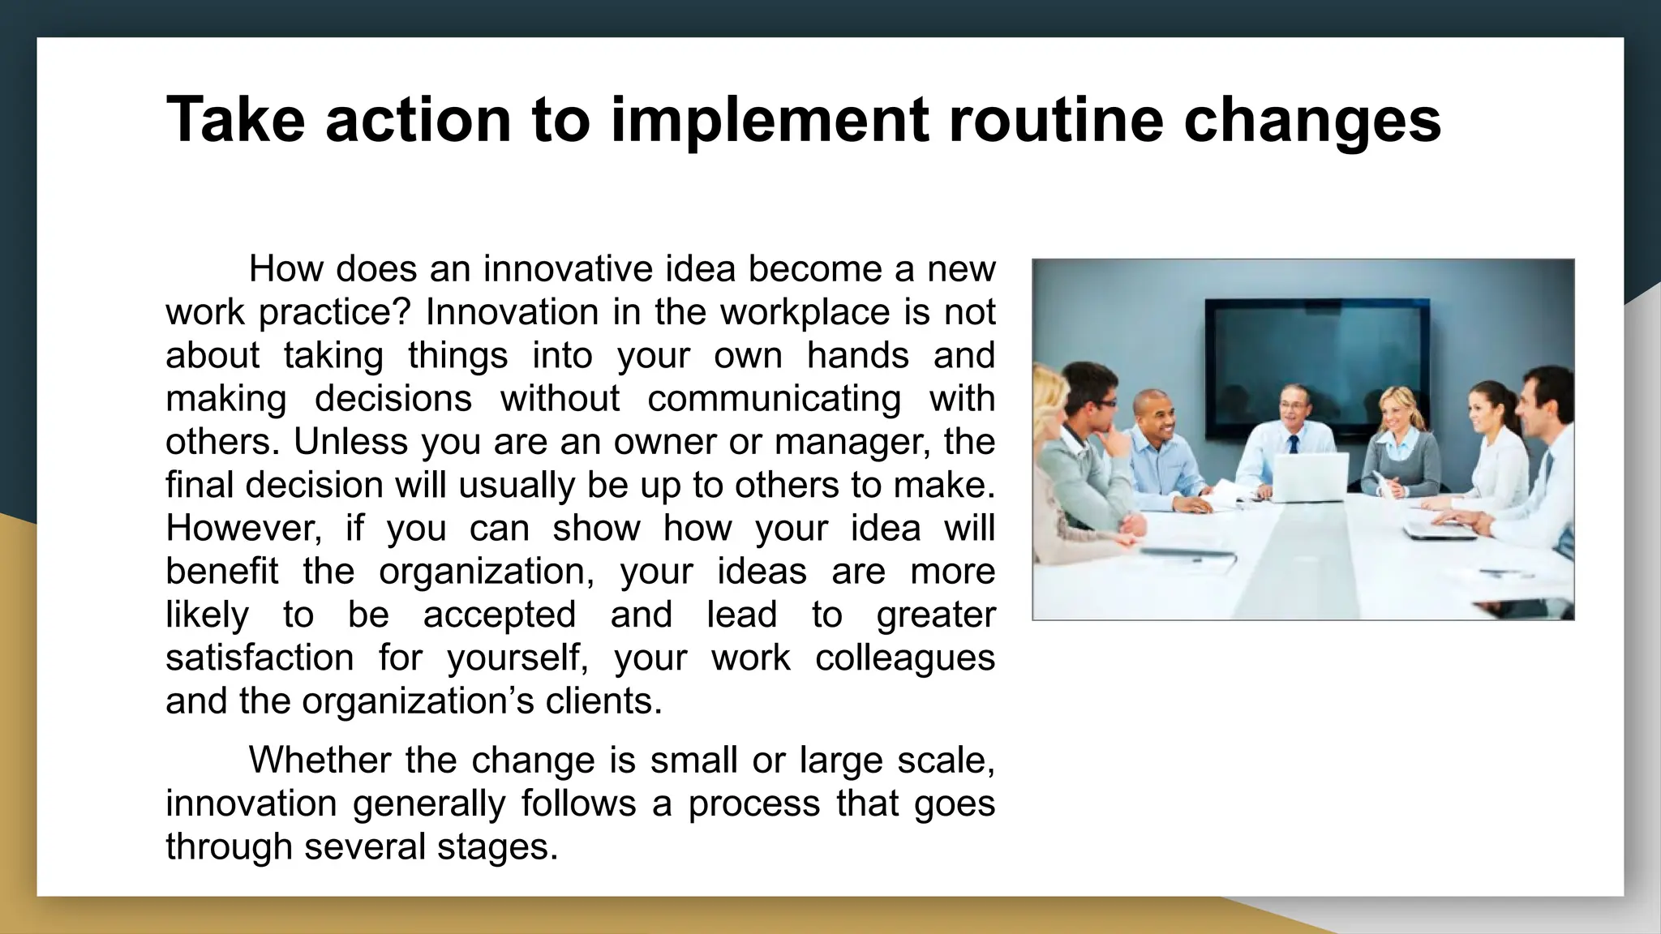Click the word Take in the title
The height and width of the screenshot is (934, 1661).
tap(236, 119)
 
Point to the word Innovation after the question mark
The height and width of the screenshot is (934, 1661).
tap(512, 312)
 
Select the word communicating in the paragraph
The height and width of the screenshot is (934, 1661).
tap(774, 398)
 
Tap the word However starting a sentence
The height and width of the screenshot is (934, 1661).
tap(243, 528)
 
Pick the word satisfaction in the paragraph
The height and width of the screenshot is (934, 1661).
tap(260, 657)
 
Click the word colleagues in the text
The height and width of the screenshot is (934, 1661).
tap(904, 657)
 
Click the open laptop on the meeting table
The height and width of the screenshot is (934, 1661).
tap(1309, 478)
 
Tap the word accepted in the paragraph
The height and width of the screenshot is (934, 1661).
tap(499, 614)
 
